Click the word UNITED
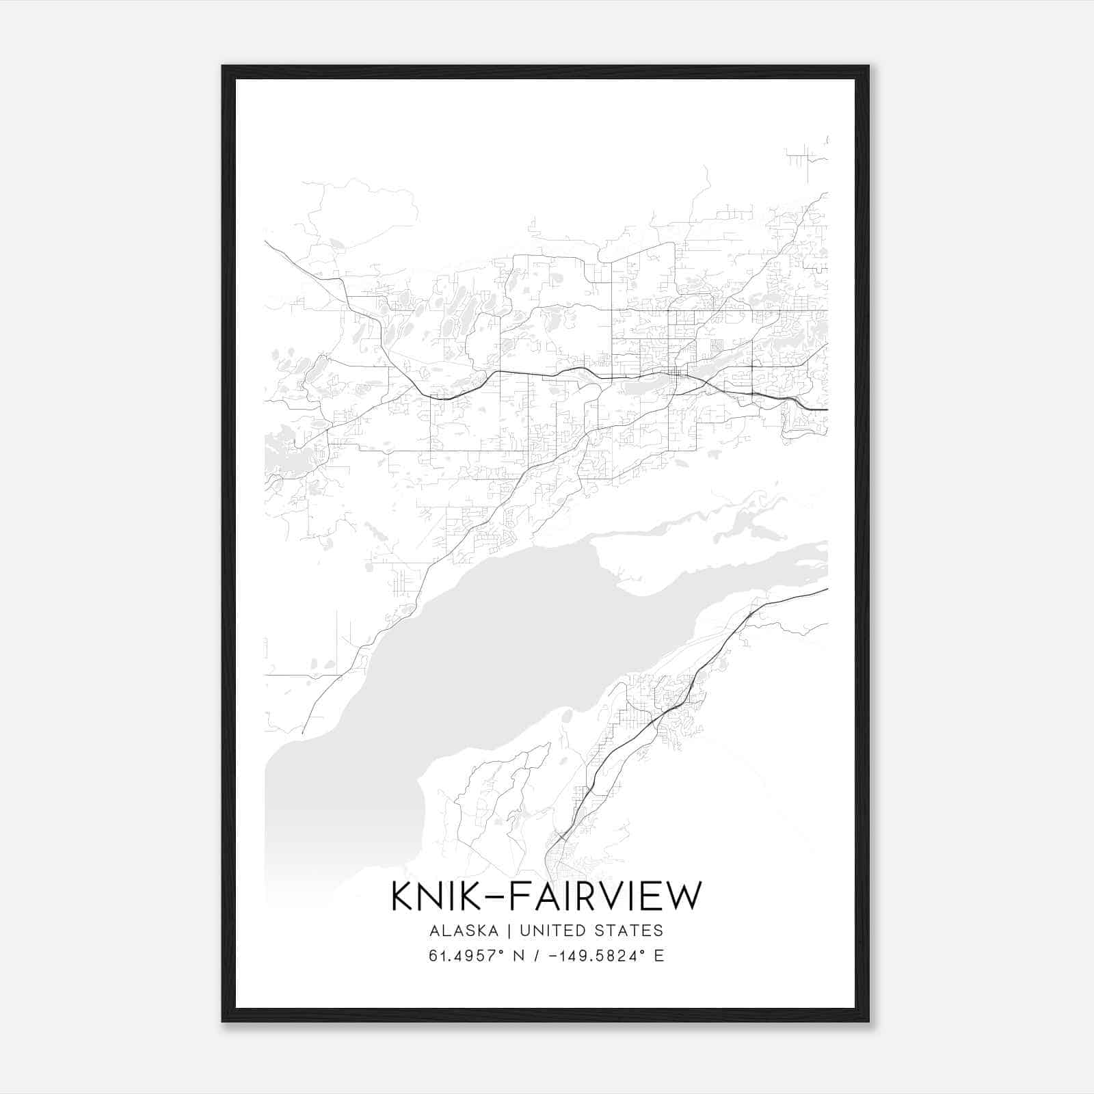[x=552, y=931]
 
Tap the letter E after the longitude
[x=659, y=956]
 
